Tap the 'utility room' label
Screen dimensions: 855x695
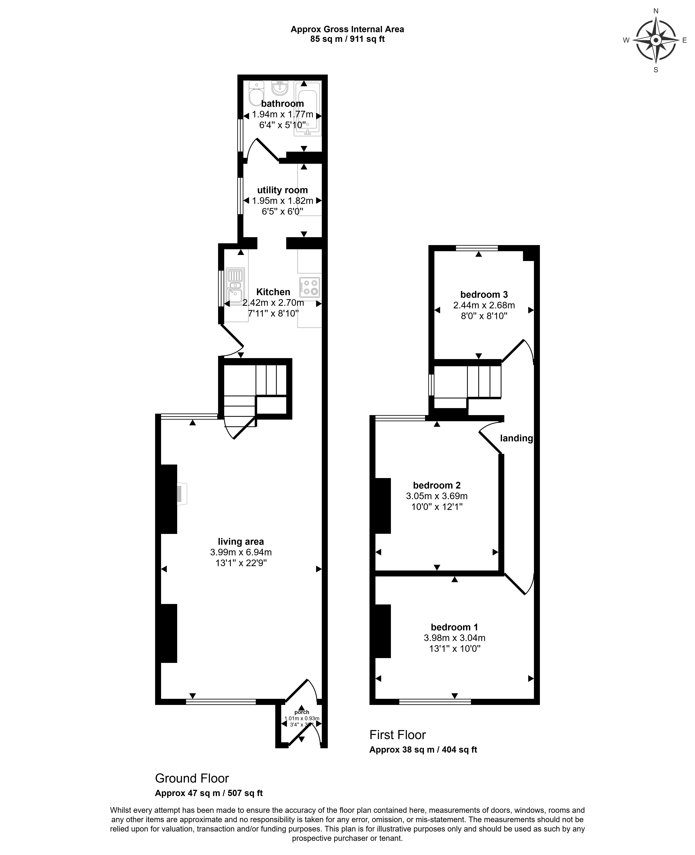point(282,190)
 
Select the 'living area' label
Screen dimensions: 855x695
point(241,541)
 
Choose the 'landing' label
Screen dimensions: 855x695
point(516,438)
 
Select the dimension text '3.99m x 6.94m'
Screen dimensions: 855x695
point(241,552)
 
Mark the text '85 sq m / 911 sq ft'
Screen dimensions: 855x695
point(347,39)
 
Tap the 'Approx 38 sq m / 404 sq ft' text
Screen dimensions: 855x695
point(423,750)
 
